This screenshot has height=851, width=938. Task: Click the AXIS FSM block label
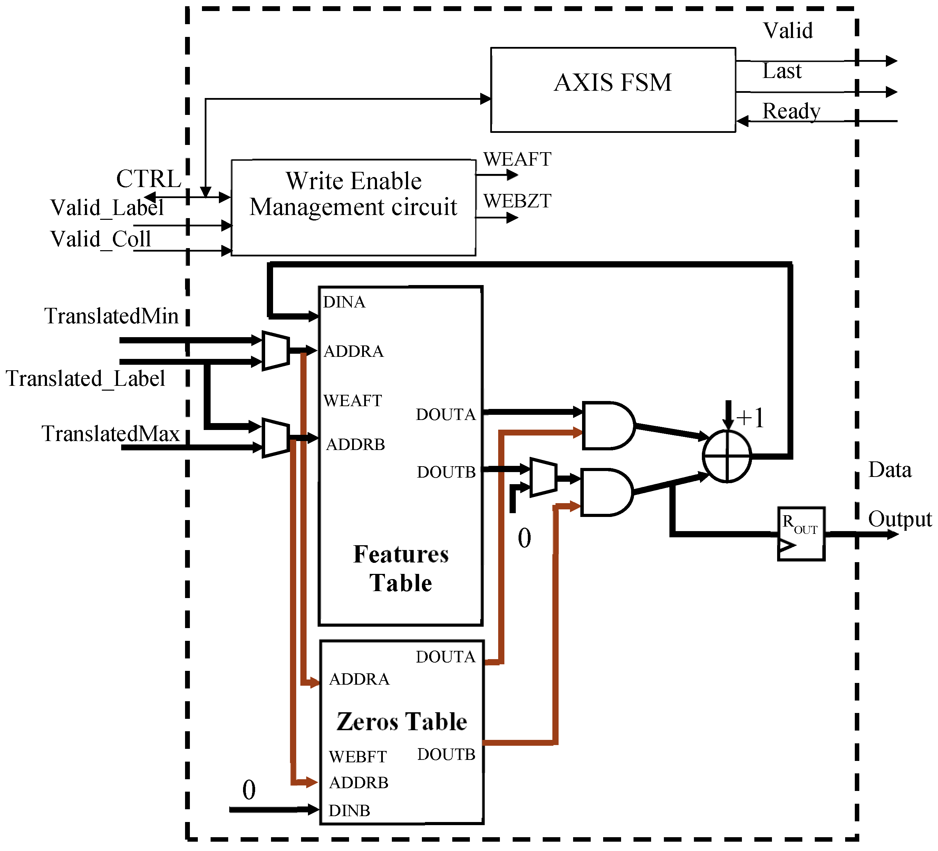pos(613,82)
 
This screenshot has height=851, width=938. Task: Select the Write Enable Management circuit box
pos(353,233)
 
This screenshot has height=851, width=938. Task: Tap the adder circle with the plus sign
pos(726,456)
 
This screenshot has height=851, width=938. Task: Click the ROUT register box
pos(801,534)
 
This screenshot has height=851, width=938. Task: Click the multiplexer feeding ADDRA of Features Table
pos(275,351)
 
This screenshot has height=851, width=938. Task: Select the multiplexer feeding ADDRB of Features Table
pos(275,438)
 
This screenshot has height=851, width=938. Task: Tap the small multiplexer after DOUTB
pos(542,477)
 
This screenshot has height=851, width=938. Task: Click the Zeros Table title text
pos(402,721)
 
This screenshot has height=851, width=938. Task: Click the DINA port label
pos(344,302)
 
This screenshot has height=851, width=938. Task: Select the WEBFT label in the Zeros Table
pos(357,756)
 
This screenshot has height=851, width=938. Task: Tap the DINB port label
pos(349,811)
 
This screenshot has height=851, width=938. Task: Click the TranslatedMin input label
pos(111,316)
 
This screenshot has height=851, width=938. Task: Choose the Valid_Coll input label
pos(100,239)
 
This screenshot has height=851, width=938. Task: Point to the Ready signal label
pos(791,111)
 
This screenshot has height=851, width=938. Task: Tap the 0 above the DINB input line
pos(249,790)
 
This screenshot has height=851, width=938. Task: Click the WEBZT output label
pos(517,201)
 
